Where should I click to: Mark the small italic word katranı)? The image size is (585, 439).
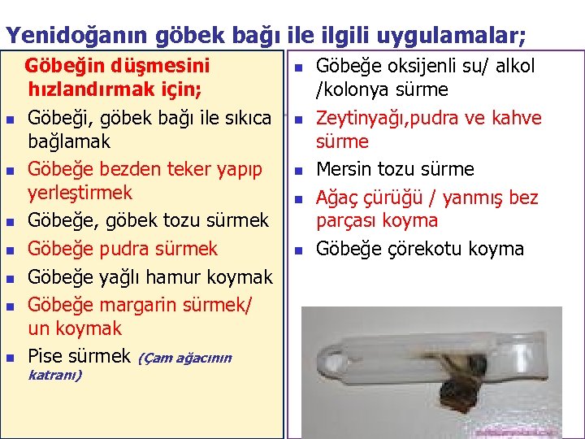coord(54,375)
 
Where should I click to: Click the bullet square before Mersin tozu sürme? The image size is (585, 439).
coord(298,171)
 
